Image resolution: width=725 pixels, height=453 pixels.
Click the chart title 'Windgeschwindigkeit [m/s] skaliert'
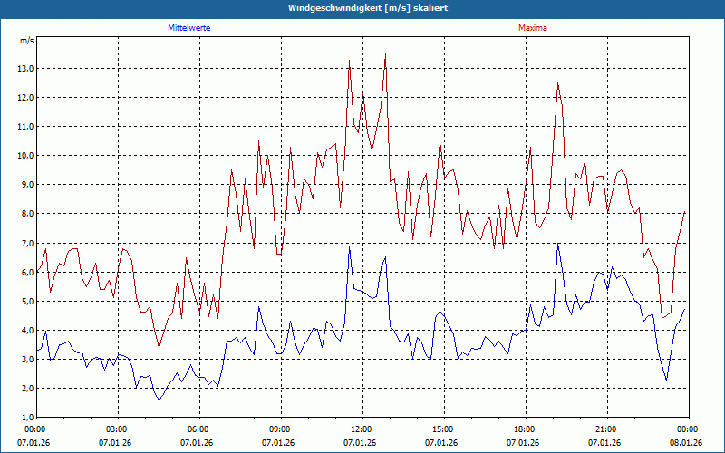(362, 8)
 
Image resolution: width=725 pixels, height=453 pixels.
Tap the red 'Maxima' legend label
(533, 28)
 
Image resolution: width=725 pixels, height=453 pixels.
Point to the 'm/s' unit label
(26, 41)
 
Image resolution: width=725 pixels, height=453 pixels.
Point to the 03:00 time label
(117, 429)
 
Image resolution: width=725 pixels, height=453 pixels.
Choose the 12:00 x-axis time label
(361, 429)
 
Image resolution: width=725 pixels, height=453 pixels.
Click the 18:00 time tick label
(524, 429)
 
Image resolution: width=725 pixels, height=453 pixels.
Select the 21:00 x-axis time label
(605, 429)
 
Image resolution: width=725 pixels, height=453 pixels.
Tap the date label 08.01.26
(686, 443)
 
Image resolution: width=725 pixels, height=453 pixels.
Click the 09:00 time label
(279, 429)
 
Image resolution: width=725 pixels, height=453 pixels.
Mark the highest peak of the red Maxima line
(386, 54)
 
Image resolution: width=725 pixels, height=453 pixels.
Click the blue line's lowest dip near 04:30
(159, 400)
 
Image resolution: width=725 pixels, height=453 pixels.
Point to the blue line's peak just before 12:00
(350, 246)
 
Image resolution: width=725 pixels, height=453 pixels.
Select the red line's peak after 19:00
(558, 83)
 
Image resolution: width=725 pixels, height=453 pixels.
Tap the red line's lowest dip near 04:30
(159, 347)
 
